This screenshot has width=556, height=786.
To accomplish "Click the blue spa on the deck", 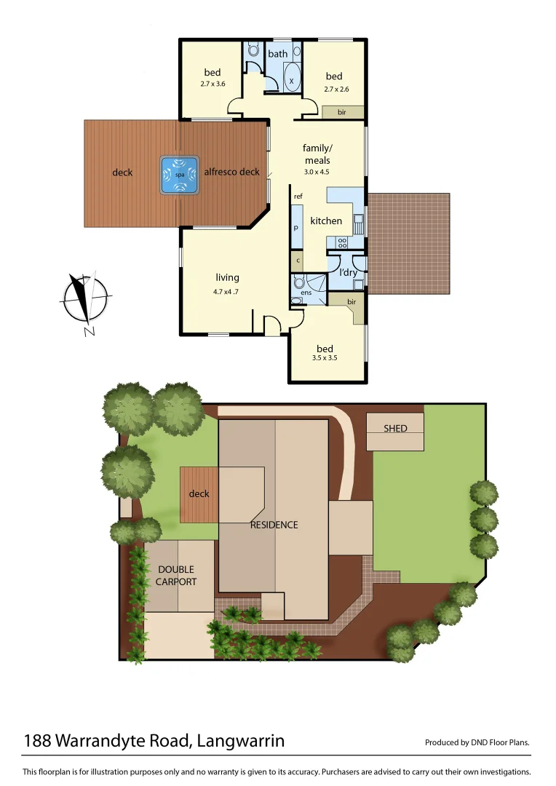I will [179, 175].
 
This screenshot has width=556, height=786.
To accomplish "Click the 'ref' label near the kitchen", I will [298, 197].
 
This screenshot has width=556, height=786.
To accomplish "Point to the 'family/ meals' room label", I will [317, 154].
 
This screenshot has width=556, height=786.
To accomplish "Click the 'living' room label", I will [227, 277].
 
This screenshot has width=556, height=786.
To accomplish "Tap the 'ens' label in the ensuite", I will [306, 293].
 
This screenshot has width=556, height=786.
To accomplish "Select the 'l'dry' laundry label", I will [349, 272].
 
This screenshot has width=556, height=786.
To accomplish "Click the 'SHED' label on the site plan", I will [395, 429].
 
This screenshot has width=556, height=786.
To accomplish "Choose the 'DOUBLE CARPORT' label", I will [175, 576].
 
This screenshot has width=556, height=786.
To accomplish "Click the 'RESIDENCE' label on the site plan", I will [274, 525].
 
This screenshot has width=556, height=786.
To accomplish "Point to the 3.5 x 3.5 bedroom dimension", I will [325, 358].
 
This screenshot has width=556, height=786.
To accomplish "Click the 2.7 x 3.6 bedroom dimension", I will [213, 84].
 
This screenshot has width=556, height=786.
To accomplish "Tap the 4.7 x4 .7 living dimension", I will [226, 291].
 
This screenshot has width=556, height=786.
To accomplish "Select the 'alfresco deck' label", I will [231, 172].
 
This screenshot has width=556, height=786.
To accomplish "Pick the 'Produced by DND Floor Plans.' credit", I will [477, 743].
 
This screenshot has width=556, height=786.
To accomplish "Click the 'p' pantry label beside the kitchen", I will [296, 227].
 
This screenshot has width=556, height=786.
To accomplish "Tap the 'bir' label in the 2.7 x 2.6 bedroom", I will [341, 112].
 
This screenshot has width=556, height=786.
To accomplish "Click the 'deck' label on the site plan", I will [199, 493].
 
